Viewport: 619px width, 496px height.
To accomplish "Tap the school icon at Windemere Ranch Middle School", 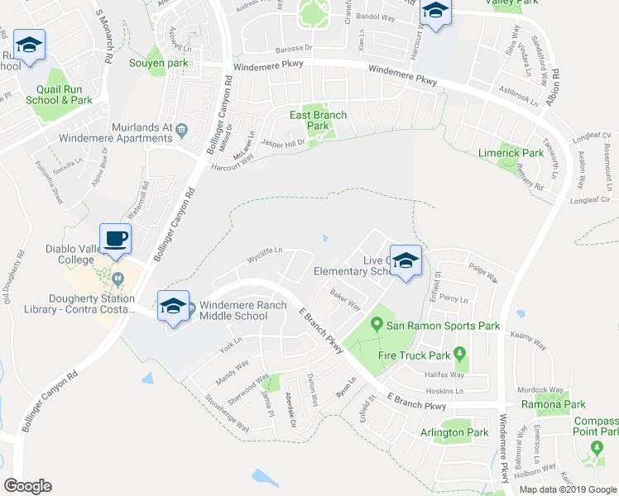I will click(172, 306).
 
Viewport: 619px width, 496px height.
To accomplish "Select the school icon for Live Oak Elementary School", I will click(405, 261).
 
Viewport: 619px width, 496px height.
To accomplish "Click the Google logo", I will click(27, 486).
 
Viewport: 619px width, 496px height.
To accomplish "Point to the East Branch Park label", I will click(317, 121).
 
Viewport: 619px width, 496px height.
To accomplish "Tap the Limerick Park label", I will click(511, 153).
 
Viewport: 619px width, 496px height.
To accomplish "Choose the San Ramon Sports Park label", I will click(443, 326).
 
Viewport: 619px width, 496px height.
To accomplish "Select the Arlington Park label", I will click(454, 432).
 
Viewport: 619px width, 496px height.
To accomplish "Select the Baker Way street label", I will click(345, 299).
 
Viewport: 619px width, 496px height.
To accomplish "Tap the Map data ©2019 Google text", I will click(567, 489).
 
